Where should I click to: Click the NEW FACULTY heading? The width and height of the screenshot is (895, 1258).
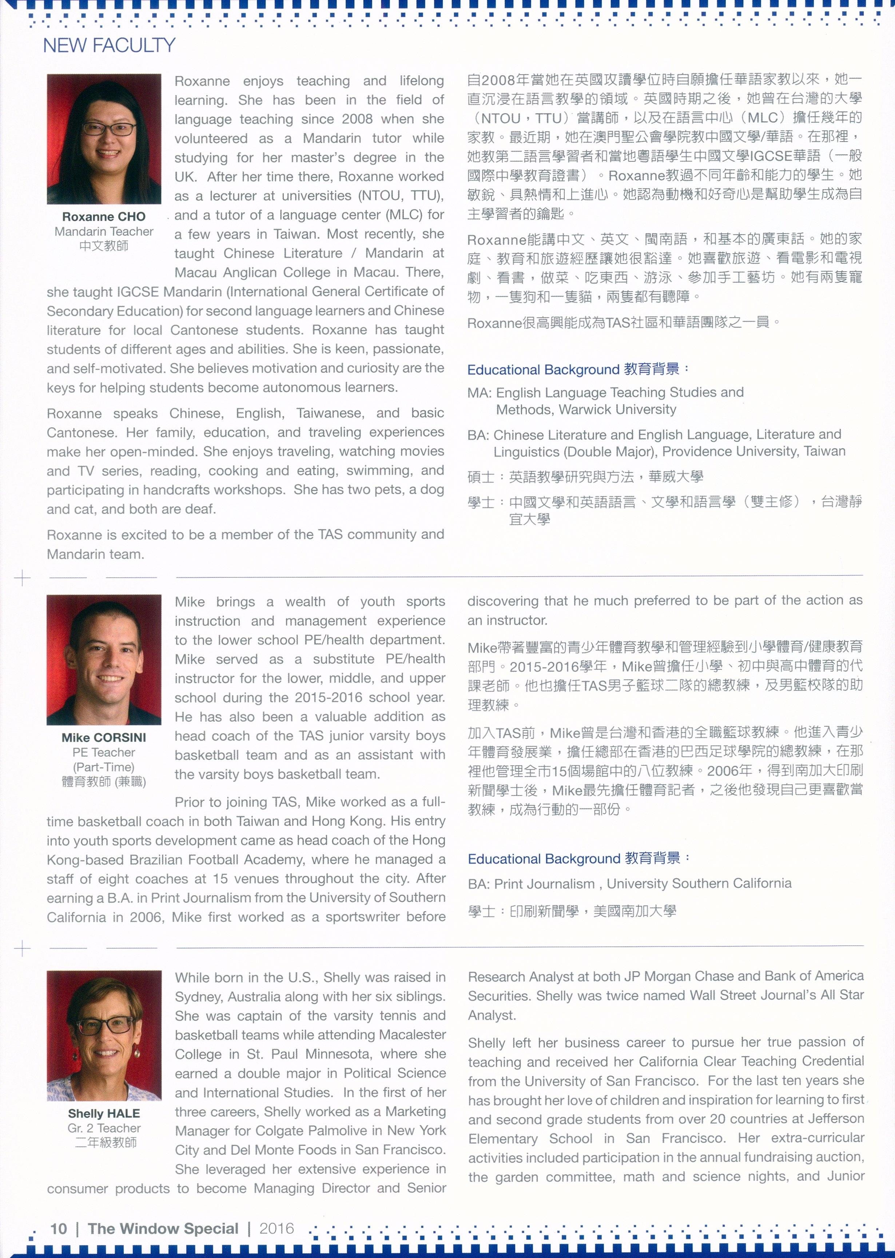109,45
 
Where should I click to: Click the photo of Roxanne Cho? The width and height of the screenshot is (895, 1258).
104,139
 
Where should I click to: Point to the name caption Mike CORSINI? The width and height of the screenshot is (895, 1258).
104,737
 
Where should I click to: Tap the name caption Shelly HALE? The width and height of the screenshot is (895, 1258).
104,1113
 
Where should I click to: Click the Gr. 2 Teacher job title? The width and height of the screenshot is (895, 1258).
104,1128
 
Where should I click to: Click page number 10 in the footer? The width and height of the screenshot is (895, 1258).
59,1228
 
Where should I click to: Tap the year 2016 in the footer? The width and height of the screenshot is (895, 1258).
277,1228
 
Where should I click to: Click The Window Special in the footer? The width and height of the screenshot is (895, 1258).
163,1228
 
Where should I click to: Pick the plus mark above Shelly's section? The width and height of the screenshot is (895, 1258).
22,949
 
